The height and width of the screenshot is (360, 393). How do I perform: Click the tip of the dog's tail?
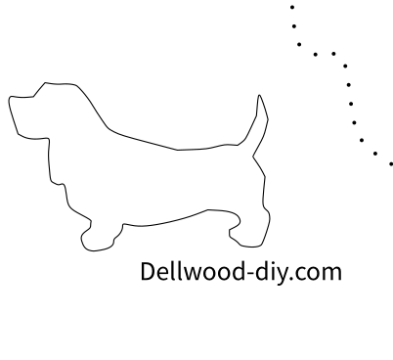point(260,97)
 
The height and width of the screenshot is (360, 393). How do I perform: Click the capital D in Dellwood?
point(150,271)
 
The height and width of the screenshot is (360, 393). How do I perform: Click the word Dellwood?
point(195,271)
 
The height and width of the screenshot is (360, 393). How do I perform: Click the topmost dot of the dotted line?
point(291,5)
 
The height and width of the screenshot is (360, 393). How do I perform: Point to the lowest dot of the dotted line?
point(390,161)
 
